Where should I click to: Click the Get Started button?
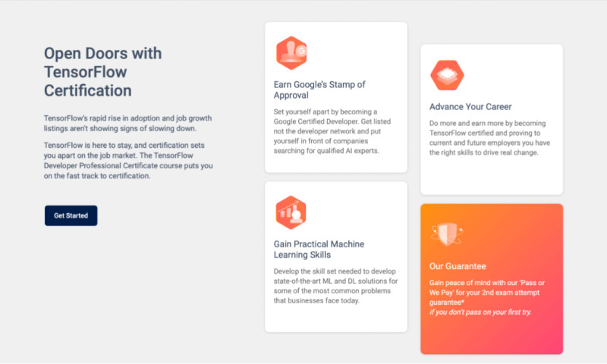click(x=71, y=215)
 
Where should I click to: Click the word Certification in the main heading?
click(x=87, y=91)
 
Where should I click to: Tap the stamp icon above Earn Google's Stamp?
click(x=291, y=53)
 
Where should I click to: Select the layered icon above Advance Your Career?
click(x=447, y=75)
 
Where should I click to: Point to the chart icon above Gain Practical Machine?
click(x=291, y=213)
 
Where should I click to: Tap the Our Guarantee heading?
click(x=458, y=266)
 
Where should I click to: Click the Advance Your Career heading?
click(x=470, y=107)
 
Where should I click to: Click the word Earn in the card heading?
click(x=282, y=84)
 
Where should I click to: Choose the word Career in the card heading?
click(x=496, y=107)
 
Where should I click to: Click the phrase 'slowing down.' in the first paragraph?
click(x=175, y=128)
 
